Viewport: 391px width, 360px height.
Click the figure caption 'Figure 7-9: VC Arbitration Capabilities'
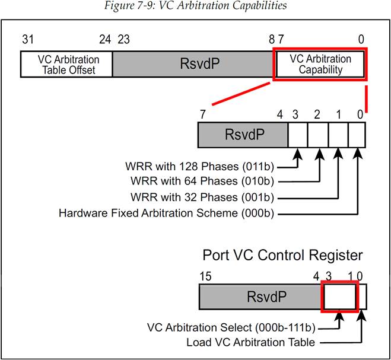pyautogui.click(x=196, y=7)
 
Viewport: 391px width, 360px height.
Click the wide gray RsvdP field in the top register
pyautogui.click(x=192, y=64)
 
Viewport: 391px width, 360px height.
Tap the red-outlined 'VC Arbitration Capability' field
pyautogui.click(x=320, y=64)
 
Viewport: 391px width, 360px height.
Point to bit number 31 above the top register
pyautogui.click(x=28, y=40)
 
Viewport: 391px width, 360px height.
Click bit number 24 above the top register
pyautogui.click(x=104, y=40)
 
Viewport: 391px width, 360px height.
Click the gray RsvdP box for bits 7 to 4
pyautogui.click(x=242, y=135)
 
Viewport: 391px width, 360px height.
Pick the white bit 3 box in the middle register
pyautogui.click(x=297, y=135)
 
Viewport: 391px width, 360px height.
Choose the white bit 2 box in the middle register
pyautogui.click(x=318, y=135)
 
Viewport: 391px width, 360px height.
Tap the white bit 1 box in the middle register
pyautogui.click(x=338, y=135)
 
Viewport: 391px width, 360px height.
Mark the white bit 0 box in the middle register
pyautogui.click(x=357, y=135)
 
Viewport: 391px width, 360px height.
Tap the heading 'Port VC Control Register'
pyautogui.click(x=282, y=256)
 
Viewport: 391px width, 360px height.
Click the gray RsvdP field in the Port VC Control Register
pyautogui.click(x=259, y=296)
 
